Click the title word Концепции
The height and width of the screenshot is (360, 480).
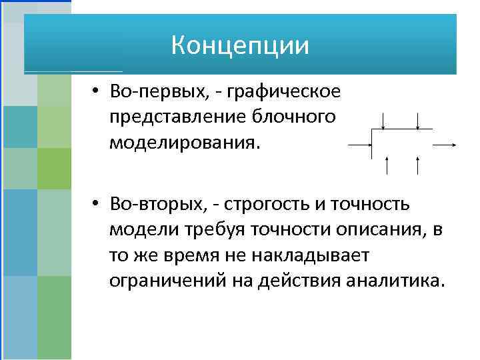coord(240,46)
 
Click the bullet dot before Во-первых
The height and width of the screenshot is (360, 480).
coord(97,92)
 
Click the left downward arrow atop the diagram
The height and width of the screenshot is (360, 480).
coord(383,121)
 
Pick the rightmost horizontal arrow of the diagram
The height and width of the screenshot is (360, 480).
coord(444,143)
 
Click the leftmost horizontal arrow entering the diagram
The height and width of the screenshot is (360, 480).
coord(361,143)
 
